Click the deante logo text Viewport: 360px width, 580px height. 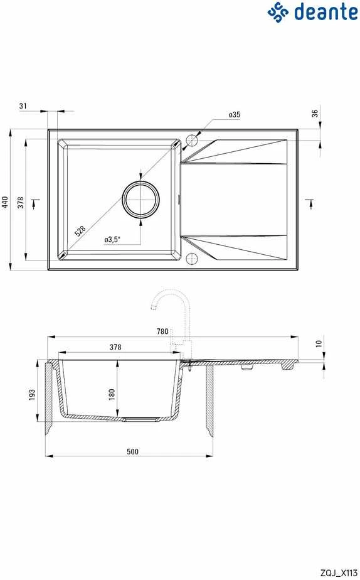click(326, 11)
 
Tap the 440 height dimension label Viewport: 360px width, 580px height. click(5, 202)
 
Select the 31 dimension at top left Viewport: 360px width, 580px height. click(23, 106)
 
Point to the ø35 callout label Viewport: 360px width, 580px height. click(235, 115)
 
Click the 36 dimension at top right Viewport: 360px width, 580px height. click(315, 113)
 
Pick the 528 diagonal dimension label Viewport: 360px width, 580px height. click(80, 231)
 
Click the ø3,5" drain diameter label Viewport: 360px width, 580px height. click(112, 240)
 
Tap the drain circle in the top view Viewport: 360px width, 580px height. click(141, 199)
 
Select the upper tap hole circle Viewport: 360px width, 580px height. click(192, 141)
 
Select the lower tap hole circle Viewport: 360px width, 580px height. click(192, 259)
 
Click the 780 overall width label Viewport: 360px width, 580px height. click(162, 331)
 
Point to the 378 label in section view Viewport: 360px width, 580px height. click(115, 347)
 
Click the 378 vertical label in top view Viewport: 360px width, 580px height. click(21, 202)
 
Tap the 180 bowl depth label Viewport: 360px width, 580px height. click(112, 394)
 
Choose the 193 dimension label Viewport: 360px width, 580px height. click(32, 394)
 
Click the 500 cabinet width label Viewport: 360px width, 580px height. click(132, 451)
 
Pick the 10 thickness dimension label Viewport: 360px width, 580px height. click(319, 343)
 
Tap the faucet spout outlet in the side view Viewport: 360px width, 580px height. click(152, 308)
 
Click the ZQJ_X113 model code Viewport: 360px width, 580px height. click(339, 573)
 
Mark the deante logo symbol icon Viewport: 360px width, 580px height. click(278, 11)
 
